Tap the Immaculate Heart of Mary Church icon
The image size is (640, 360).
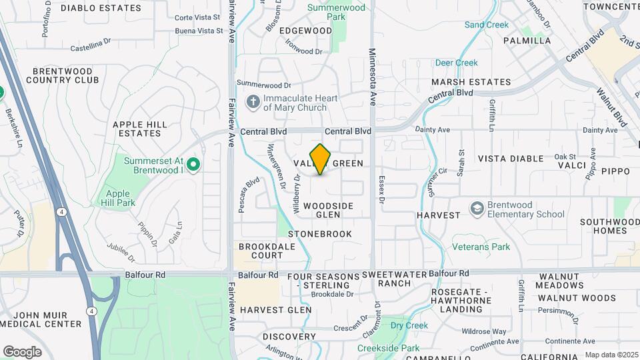point(253,102)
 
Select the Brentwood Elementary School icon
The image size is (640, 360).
point(477,209)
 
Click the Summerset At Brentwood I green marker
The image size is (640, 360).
point(193,163)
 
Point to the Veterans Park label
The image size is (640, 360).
point(481,247)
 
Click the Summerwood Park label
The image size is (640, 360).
point(337,13)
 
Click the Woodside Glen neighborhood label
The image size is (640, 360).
point(328,210)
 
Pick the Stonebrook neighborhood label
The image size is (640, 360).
point(319,234)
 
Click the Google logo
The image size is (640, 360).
point(22,351)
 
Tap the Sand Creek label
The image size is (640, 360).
point(487,25)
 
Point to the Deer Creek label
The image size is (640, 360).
point(457,63)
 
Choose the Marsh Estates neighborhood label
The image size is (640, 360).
point(471,82)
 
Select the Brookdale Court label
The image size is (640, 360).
point(261,251)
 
